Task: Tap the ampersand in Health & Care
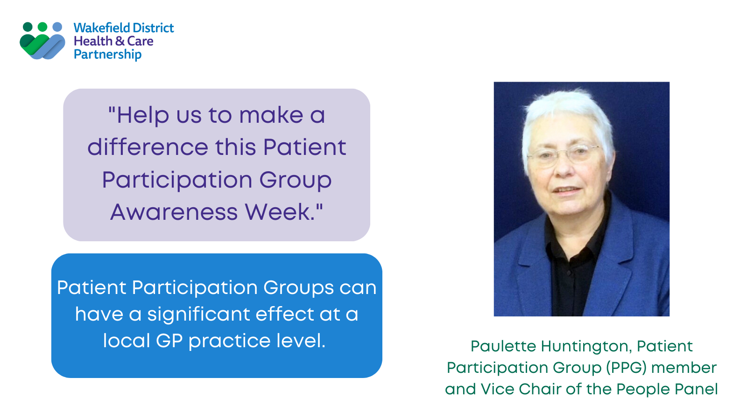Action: point(120,41)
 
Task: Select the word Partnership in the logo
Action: point(107,55)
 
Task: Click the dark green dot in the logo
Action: point(28,27)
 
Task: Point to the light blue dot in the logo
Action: point(57,27)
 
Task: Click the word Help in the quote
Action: point(143,115)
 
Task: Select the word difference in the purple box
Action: point(148,147)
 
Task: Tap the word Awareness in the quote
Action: point(174,212)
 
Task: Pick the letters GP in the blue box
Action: point(169,341)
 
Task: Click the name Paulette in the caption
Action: point(503,346)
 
